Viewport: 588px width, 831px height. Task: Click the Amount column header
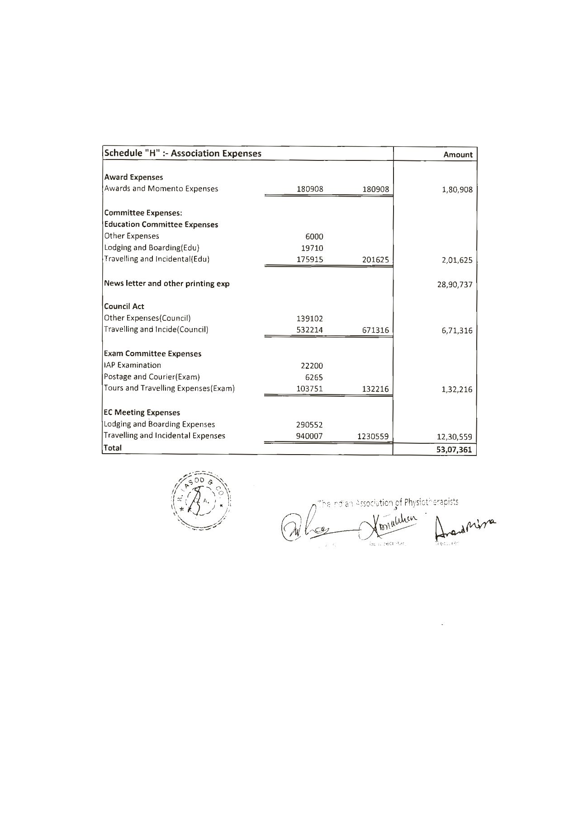click(x=458, y=155)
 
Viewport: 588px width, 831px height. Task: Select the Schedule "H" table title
click(x=183, y=153)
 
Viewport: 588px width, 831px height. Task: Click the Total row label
click(x=113, y=448)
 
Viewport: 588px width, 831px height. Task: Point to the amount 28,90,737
click(x=454, y=285)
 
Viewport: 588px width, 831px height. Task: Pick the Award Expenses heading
click(x=133, y=177)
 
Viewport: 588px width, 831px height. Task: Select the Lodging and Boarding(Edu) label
click(x=152, y=248)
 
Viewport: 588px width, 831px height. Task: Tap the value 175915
click(x=310, y=260)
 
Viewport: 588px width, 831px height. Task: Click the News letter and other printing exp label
click(x=166, y=284)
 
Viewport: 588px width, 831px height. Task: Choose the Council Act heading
click(x=124, y=306)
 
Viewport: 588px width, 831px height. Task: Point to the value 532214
click(x=310, y=330)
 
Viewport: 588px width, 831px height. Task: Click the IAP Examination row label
click(x=132, y=365)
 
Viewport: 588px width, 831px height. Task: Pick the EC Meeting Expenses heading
click(x=142, y=413)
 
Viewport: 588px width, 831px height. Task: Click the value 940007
click(x=310, y=436)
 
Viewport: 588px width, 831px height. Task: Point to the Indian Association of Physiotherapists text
click(x=388, y=502)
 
